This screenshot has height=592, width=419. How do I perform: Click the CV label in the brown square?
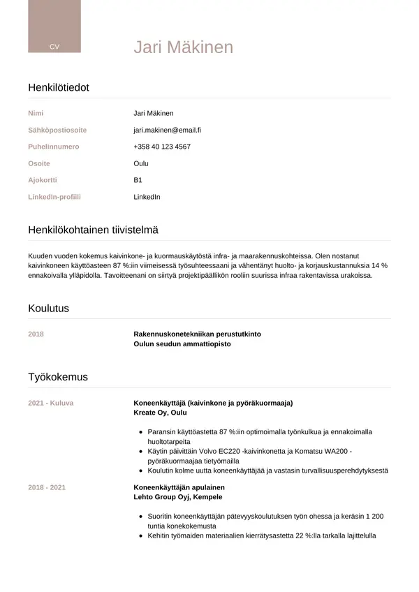tap(54, 46)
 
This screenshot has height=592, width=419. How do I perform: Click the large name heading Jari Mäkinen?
tap(183, 47)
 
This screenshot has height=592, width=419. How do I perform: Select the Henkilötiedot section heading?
tap(58, 87)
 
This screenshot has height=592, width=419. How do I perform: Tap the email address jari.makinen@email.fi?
tap(167, 130)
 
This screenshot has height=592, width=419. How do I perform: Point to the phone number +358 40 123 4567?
tap(161, 147)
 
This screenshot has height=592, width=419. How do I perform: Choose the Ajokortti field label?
tap(43, 180)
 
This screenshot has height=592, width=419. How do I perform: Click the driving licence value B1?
tap(138, 180)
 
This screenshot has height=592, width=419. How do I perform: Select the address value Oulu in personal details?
tap(141, 163)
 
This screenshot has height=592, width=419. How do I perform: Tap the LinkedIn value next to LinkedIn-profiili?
tap(147, 197)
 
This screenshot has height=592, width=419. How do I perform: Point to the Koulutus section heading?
tap(48, 308)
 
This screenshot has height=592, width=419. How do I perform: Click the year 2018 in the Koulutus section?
tap(36, 334)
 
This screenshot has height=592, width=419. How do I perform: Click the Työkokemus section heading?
tap(57, 377)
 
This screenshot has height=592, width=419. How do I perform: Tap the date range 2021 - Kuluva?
tap(50, 403)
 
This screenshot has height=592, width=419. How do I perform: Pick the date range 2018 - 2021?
tap(47, 487)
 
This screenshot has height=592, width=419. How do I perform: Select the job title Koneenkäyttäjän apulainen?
tap(179, 487)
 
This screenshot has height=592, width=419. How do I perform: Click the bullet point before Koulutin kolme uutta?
tap(141, 471)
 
